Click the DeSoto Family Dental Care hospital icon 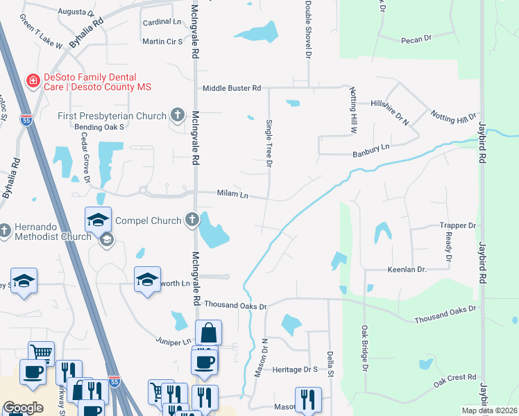[x=32, y=82]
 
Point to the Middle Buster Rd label [x=232, y=88]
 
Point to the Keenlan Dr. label [x=411, y=268]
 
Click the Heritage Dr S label [x=295, y=370]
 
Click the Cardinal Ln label [x=162, y=22]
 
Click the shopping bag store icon [x=208, y=333]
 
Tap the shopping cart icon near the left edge [x=42, y=353]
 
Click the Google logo [x=23, y=408]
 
